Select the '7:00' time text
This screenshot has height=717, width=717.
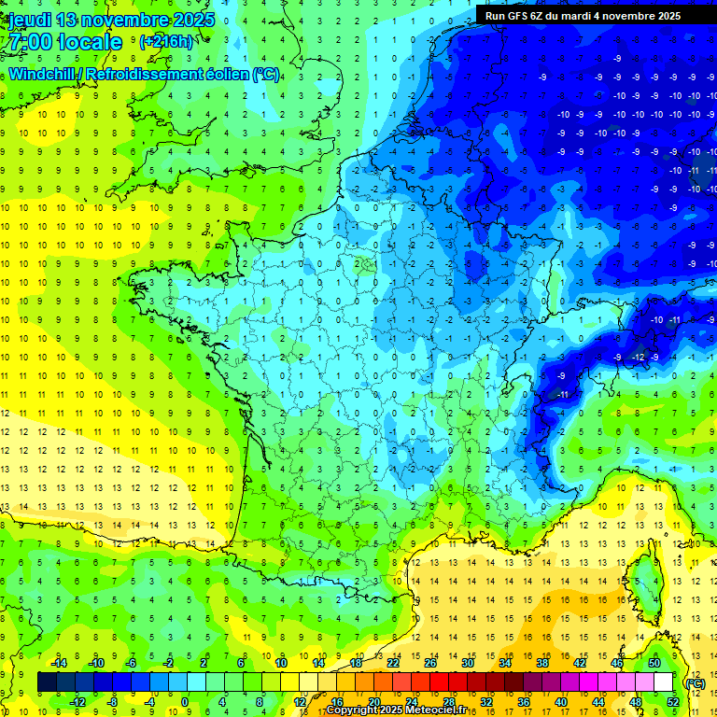pos(25,42)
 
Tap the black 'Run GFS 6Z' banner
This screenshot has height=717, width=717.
pos(583,16)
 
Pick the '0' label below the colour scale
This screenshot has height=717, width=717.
pos(184,702)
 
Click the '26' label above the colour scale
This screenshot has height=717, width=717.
pos(430,662)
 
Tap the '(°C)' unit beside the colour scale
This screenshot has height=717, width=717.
pos(696,682)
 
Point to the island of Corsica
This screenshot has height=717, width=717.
pos(643,579)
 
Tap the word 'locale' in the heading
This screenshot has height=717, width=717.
pos(89,42)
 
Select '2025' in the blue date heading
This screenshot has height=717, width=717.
pos(193,20)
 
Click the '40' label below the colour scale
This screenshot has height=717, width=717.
pos(560,702)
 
